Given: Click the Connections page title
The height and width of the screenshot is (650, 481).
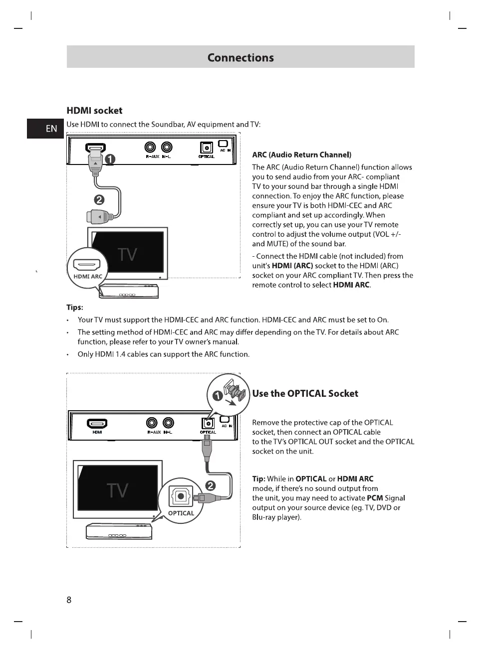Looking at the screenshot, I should tap(240, 57).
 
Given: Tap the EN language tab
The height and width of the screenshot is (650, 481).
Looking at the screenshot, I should tap(51, 129).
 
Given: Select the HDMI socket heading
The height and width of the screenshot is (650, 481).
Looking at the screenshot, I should tap(94, 111).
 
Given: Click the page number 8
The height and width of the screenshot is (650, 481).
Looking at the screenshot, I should tap(69, 600).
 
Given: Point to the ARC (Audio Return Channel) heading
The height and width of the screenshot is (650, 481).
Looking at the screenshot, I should tap(301, 155).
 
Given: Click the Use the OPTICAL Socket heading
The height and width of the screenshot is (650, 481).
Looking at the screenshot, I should tap(305, 393).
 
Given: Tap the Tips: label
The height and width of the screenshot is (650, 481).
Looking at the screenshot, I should tap(75, 307).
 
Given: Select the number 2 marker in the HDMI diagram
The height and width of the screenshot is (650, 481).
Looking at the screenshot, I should tap(99, 200).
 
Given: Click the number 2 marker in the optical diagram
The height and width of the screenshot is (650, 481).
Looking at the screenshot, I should tap(211, 486).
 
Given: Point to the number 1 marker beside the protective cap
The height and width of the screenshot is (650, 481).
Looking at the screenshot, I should tap(218, 396).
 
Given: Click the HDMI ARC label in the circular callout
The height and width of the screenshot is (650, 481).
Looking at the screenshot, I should tap(88, 276).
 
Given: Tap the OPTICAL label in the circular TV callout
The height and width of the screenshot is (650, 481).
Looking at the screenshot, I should tap(181, 513).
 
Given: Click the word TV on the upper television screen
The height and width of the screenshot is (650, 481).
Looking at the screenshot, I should tap(128, 255).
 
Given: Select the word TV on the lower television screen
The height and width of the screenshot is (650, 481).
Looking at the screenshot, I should tap(117, 490).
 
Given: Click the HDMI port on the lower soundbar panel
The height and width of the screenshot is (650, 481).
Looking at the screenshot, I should tap(97, 424).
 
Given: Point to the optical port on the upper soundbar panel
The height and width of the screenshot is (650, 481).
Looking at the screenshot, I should tap(206, 148).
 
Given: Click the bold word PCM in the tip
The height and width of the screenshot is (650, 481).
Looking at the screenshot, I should tap(375, 498).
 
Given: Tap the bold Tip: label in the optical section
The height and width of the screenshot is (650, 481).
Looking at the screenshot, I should tap(258, 479).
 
